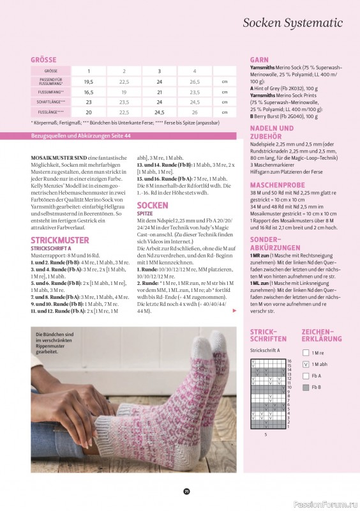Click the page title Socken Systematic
point(298,23)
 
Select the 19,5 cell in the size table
point(89,82)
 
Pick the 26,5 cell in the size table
point(195,82)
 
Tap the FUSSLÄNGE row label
point(49,112)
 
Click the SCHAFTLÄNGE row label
point(49,102)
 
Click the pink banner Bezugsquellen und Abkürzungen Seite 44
point(81,136)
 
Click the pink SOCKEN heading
point(153,206)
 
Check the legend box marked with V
point(306,364)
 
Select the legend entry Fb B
point(316,388)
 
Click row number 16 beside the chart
point(289,362)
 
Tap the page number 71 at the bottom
point(186,491)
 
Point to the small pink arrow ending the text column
point(234,310)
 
